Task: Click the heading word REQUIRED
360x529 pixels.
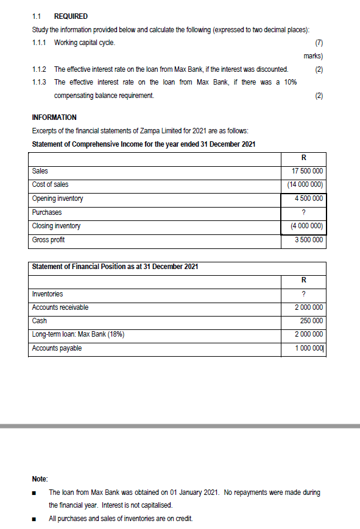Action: pyautogui.click(x=71, y=16)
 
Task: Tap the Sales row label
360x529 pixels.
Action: pyautogui.click(x=40, y=171)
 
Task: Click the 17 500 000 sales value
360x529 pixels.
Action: pyautogui.click(x=308, y=171)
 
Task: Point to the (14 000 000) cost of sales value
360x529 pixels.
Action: pyautogui.click(x=305, y=184)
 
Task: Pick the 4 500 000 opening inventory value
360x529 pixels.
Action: pyautogui.click(x=308, y=198)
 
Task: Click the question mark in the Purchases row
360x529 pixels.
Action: pyautogui.click(x=303, y=212)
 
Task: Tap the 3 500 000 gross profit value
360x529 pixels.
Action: pyautogui.click(x=308, y=240)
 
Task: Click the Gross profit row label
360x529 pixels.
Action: pyautogui.click(x=49, y=240)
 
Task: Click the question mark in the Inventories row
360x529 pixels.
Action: pyautogui.click(x=303, y=294)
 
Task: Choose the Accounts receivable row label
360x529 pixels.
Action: pyautogui.click(x=60, y=307)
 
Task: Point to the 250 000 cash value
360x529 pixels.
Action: pyautogui.click(x=311, y=321)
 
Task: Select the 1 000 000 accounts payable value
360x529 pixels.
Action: pyautogui.click(x=308, y=348)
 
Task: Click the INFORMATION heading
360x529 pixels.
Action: pyautogui.click(x=54, y=117)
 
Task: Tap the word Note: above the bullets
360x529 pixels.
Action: pyautogui.click(x=40, y=480)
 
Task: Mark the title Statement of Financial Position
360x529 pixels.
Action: pyautogui.click(x=115, y=267)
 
